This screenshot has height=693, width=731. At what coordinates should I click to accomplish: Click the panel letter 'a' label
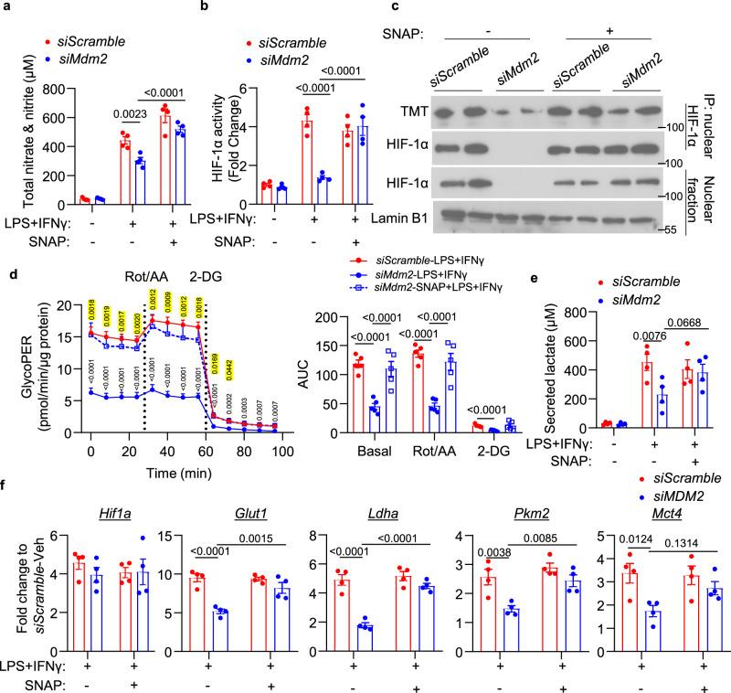7,8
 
